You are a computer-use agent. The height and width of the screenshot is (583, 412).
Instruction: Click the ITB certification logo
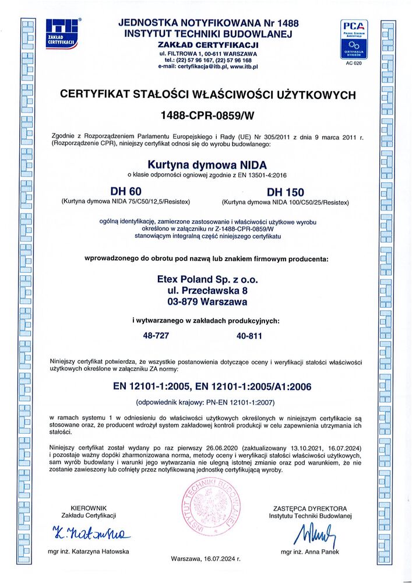click(x=62, y=34)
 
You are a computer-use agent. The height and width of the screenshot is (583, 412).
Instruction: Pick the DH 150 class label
click(x=286, y=192)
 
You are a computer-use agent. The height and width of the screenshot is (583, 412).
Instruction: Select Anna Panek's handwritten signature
click(x=309, y=533)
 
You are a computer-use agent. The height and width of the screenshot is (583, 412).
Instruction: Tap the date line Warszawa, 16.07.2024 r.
click(x=206, y=558)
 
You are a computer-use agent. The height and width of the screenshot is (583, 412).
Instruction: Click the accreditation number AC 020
click(x=354, y=63)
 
